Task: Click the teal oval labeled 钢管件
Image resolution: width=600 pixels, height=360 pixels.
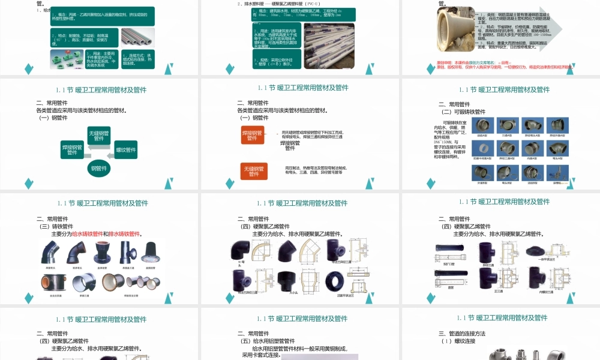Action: coord(99,168)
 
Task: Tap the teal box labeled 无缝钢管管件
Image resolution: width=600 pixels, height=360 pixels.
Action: coord(99,136)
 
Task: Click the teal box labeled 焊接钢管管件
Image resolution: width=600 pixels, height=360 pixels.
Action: coord(73,149)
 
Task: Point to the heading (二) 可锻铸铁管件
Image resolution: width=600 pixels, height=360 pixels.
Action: coord(463,112)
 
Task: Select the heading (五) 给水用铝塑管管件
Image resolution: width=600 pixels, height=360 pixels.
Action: coord(268,341)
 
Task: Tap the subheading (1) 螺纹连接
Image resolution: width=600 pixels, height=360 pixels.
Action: coord(458,341)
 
